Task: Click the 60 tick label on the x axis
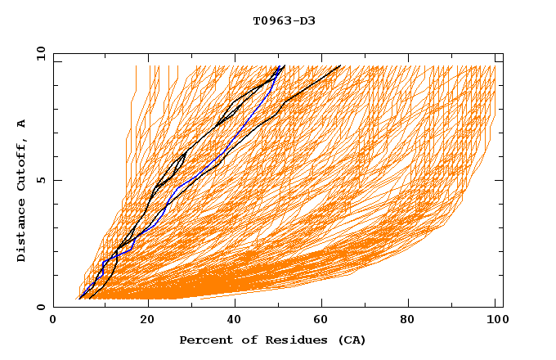click(325, 321)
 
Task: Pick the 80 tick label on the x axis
click(413, 321)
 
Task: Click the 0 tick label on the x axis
click(53, 321)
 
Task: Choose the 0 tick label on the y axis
click(41, 307)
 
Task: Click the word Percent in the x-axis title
click(204, 340)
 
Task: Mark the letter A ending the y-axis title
click(22, 123)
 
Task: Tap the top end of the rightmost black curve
click(340, 66)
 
